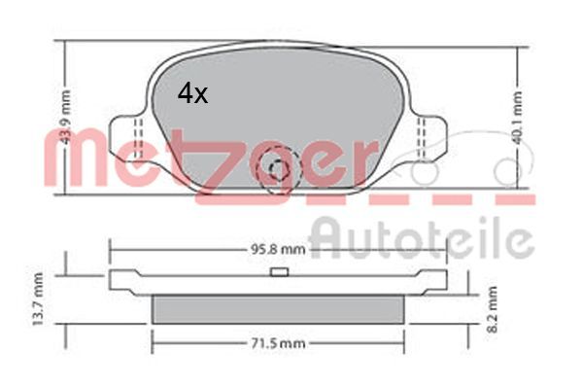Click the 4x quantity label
(192, 93)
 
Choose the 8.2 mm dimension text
(493, 310)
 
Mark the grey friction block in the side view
(279, 308)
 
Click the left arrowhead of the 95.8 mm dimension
(112, 248)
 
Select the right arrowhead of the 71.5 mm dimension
(401, 343)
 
